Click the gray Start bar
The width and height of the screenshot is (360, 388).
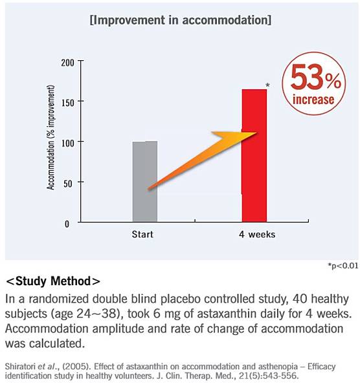coord(145,181)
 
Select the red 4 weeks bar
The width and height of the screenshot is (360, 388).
coord(254,155)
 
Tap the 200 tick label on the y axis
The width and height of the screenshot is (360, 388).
coord(67,63)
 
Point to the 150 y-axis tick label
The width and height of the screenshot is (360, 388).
coord(67,103)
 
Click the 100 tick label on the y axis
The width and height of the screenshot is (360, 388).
coord(67,144)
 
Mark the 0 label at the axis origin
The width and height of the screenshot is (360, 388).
coord(67,224)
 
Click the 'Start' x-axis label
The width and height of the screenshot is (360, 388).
coord(142,234)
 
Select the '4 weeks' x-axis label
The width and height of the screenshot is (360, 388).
coord(257,234)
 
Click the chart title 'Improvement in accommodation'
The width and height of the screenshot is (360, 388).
coord(181,20)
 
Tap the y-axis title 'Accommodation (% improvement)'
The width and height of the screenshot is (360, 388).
coord(51,138)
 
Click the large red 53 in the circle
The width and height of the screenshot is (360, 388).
coord(307,76)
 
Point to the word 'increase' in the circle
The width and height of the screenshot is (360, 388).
coord(313,99)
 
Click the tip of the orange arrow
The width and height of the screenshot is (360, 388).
coord(257,133)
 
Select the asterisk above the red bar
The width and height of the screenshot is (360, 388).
coord(267,85)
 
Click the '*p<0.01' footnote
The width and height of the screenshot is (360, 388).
coord(343,266)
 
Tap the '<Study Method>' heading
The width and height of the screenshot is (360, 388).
coord(53,281)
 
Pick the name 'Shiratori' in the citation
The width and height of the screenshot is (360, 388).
coord(19,366)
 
